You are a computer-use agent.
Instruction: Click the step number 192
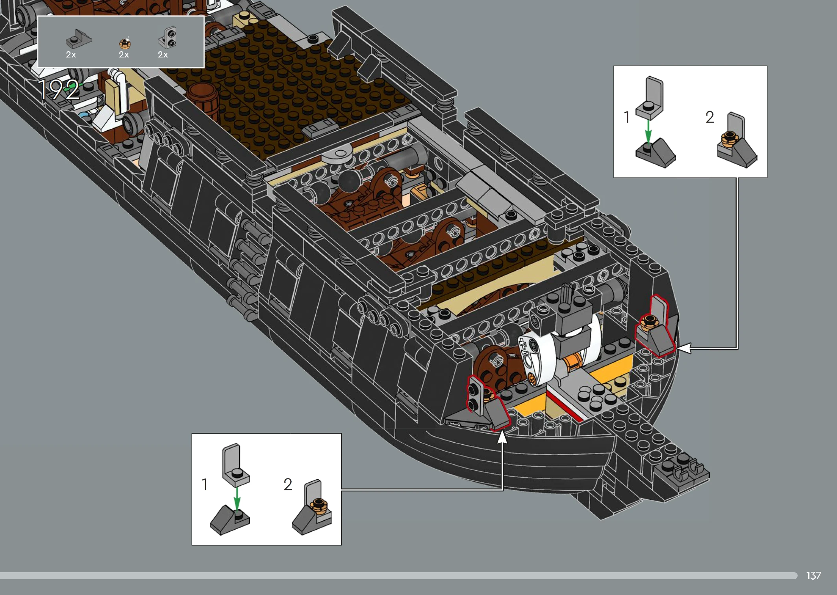tap(58, 90)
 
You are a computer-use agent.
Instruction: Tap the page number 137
tap(813, 576)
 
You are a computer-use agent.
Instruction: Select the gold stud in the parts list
tap(125, 42)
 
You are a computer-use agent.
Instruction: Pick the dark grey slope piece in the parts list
tap(78, 39)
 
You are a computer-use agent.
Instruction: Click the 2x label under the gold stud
tap(124, 55)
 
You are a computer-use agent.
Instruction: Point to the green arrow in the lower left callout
tap(237, 499)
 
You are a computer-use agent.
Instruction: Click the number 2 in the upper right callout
tap(709, 117)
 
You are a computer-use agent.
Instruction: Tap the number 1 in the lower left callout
tap(205, 484)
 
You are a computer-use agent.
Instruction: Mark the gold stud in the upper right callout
tap(729, 138)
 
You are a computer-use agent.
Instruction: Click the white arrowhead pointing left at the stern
tap(684, 348)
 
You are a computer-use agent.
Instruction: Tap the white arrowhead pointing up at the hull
tap(502, 437)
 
